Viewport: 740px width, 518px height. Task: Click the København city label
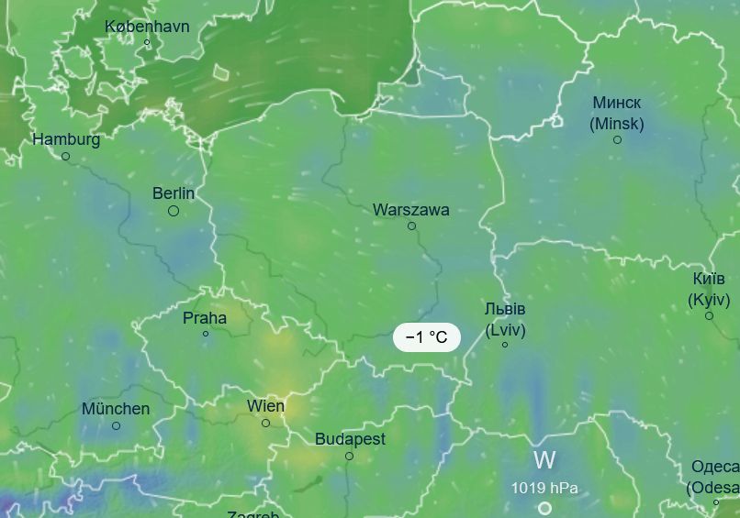[x=147, y=26]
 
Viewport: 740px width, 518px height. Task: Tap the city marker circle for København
[x=147, y=42]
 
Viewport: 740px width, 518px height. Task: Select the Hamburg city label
[x=66, y=139]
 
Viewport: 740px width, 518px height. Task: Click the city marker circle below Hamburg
[x=65, y=157]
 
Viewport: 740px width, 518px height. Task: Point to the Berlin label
[x=174, y=193]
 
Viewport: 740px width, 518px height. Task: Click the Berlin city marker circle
[x=173, y=211]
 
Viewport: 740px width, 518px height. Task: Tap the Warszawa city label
[x=410, y=210]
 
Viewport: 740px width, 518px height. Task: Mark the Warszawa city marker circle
[x=411, y=226]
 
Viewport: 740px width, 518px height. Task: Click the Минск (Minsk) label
[x=617, y=112]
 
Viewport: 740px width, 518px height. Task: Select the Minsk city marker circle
[x=617, y=139]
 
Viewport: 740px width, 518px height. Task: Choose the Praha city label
[x=205, y=318]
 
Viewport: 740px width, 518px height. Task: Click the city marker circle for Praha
[x=206, y=334]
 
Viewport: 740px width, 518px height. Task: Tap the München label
[x=116, y=409]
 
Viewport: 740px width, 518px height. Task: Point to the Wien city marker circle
[x=265, y=423]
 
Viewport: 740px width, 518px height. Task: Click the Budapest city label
[x=350, y=439]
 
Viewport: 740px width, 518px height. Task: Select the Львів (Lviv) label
[x=505, y=319]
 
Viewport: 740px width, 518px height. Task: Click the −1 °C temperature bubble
[x=426, y=337]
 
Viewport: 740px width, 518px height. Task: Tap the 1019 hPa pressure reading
[x=544, y=488]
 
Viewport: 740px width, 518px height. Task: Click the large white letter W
[x=544, y=460]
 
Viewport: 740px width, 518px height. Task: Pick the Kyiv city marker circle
[x=709, y=316]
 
